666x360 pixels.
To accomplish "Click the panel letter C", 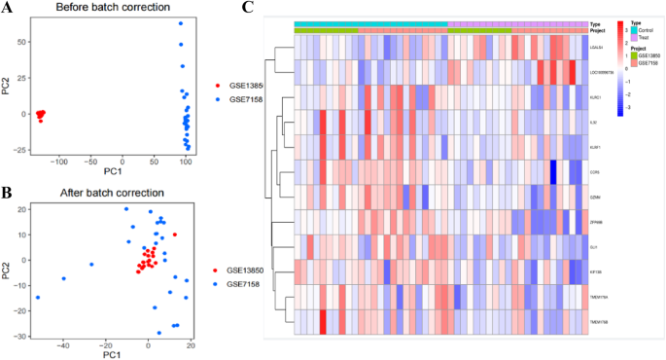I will click(249, 8).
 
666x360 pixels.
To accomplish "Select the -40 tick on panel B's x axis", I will click(63, 344).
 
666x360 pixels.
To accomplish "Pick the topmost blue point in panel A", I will click(180, 23).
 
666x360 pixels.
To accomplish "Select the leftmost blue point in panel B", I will click(38, 298).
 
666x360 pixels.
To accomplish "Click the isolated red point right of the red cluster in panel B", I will click(175, 234).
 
